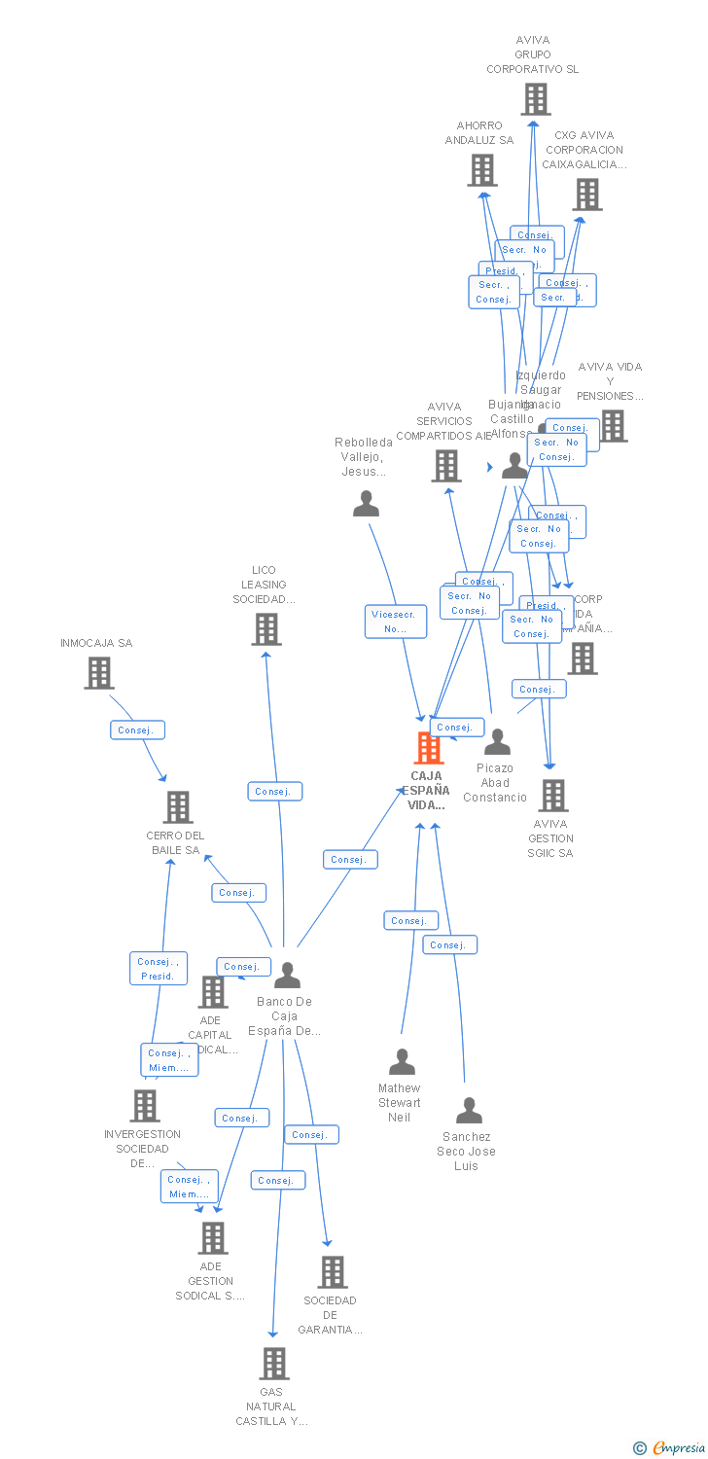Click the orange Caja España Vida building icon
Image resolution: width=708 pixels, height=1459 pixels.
click(429, 748)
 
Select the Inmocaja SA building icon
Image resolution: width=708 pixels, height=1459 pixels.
click(98, 673)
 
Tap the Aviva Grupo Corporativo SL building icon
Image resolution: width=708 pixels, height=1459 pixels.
click(535, 99)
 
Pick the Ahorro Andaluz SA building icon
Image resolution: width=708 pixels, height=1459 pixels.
click(481, 170)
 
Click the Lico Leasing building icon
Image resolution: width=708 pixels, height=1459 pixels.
click(265, 629)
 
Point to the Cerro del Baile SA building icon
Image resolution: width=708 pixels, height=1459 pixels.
click(177, 807)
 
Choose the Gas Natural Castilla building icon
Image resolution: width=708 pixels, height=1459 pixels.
click(273, 1364)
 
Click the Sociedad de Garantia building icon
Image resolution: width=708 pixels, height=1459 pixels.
click(332, 1272)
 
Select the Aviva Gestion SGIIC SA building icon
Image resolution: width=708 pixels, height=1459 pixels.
click(552, 796)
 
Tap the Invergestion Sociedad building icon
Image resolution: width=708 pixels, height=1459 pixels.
click(145, 1106)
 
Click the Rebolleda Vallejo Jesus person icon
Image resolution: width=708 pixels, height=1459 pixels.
click(366, 504)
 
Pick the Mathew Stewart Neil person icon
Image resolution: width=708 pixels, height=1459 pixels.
click(402, 1061)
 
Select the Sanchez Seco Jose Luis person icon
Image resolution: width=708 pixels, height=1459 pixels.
click(469, 1110)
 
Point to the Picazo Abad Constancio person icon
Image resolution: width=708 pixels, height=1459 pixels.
click(497, 742)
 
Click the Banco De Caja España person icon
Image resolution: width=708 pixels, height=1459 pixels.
click(287, 975)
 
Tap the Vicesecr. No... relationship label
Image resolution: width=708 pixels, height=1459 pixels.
click(396, 622)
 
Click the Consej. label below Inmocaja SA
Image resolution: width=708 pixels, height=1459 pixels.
click(137, 729)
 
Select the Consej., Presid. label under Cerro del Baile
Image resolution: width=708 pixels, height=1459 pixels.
click(159, 969)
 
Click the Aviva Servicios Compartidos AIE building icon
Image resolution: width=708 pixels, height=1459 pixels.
click(445, 466)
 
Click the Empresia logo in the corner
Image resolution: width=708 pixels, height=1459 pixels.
click(671, 1448)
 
